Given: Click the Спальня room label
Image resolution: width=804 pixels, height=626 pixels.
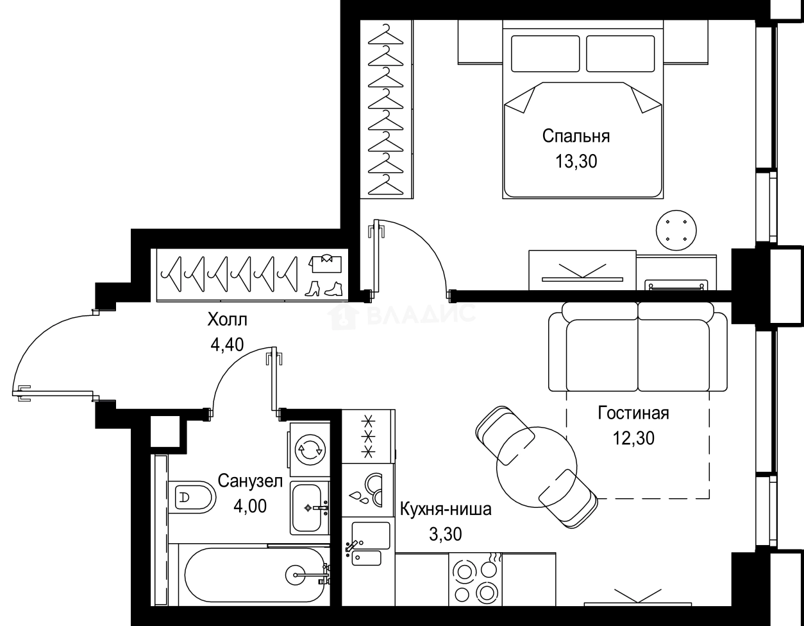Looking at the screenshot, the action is (x=576, y=137).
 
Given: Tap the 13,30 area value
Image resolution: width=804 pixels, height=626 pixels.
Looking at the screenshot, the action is (x=576, y=162).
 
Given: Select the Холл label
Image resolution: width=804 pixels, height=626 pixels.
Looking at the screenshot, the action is (x=227, y=319).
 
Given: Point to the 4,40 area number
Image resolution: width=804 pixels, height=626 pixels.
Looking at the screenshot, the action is (x=227, y=345).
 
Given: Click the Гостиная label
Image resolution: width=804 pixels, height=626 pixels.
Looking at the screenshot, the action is (x=633, y=413).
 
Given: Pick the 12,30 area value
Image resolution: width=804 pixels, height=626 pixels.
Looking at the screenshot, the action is (x=634, y=438).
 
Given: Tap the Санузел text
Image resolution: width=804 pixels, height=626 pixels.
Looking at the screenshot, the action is (x=250, y=481).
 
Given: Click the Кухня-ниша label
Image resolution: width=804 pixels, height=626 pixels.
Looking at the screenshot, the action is (x=446, y=509).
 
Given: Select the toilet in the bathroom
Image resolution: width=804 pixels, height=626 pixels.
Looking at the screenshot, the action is (x=192, y=497).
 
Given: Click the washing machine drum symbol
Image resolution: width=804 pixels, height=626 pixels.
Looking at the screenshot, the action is (x=310, y=449).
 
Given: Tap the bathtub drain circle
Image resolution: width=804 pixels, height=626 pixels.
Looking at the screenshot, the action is (x=296, y=575).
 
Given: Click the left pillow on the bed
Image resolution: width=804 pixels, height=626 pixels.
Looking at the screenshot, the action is (x=546, y=54).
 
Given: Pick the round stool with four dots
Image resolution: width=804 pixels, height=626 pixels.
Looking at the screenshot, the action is (x=676, y=230).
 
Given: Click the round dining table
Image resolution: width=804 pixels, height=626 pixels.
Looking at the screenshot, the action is (x=537, y=467).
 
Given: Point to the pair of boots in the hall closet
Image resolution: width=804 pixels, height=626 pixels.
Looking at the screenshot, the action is (x=324, y=288).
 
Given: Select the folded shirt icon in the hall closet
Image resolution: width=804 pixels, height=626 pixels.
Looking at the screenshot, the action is (x=325, y=263).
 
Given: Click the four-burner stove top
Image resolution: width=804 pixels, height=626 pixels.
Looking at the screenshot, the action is (x=476, y=582).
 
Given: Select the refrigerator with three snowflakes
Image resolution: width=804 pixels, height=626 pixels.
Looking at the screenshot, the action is (x=369, y=436).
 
